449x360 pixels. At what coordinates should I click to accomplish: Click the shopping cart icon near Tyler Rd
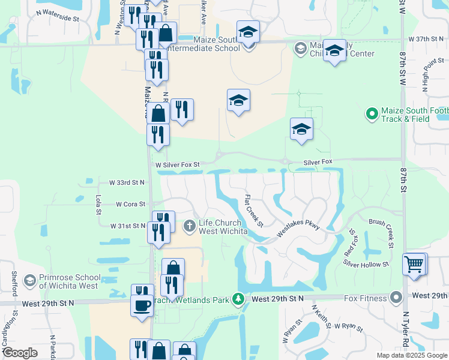(415, 264)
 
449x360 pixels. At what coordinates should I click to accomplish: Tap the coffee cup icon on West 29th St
(142, 305)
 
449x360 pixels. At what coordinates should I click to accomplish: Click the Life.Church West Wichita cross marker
(189, 226)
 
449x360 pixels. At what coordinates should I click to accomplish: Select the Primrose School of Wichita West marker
(29, 281)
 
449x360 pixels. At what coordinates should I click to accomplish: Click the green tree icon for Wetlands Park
(238, 298)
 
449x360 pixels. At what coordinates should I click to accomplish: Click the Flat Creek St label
(254, 211)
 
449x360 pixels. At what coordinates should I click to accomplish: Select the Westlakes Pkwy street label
(298, 231)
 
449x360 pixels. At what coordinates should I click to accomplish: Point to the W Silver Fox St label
(177, 164)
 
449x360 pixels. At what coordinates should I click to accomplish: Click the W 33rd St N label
(127, 182)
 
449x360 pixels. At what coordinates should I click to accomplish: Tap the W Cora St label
(131, 204)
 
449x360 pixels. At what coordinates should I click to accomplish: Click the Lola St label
(98, 205)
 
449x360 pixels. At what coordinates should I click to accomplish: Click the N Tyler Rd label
(406, 330)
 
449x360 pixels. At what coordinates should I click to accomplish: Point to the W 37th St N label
(426, 38)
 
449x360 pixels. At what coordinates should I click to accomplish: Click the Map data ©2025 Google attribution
(411, 355)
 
